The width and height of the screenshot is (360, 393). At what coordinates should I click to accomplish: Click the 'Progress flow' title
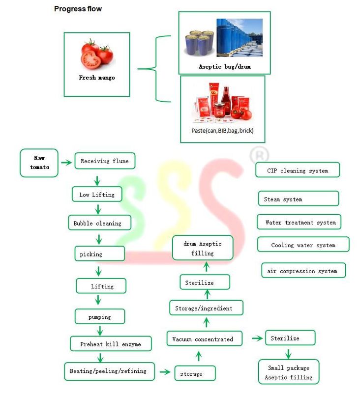click(78, 9)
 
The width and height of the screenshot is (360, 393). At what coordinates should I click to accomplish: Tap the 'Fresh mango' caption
click(97, 78)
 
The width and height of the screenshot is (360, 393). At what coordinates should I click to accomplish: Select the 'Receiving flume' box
click(104, 161)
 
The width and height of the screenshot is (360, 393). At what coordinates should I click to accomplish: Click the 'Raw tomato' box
click(39, 163)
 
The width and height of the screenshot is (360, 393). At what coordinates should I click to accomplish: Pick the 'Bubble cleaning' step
click(99, 223)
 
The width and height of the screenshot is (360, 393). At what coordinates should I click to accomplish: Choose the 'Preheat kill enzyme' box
click(110, 344)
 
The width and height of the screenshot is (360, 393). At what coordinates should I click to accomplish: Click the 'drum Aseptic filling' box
click(203, 248)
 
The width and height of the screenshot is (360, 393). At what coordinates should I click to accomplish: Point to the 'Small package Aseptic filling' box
click(288, 372)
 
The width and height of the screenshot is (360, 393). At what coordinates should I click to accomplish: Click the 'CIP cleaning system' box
click(297, 170)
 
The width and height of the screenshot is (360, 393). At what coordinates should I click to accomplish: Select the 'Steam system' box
click(298, 199)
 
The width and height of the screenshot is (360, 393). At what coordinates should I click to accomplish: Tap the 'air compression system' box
click(303, 271)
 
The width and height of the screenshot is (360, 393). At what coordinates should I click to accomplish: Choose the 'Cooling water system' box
click(303, 245)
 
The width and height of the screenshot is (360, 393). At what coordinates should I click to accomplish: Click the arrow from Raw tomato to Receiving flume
click(65, 162)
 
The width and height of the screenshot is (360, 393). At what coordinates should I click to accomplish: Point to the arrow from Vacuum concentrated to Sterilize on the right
click(257, 338)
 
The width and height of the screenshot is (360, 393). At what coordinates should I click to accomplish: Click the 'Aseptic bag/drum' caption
click(224, 66)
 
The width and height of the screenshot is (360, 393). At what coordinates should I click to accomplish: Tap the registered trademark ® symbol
click(259, 156)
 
